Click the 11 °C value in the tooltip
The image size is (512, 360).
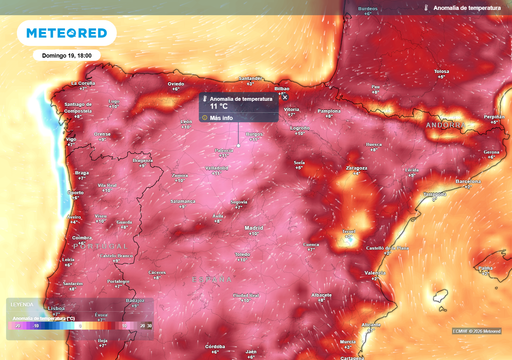click(220, 106)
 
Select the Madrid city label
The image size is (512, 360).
click(254, 228)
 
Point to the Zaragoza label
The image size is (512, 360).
click(357, 168)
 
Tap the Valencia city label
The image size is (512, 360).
click(376, 272)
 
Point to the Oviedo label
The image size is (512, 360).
click(176, 84)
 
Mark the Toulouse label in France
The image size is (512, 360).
click(440, 72)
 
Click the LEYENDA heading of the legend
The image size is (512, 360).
click(21, 304)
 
